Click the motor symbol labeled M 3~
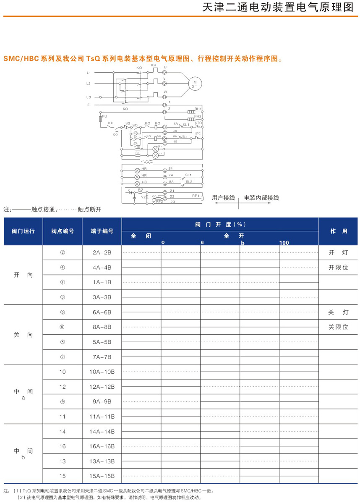(x=194, y=83)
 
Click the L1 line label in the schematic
(x=89, y=73)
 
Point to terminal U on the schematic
(x=165, y=73)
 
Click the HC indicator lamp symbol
(x=137, y=184)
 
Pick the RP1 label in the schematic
(x=195, y=196)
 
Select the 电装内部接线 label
(x=261, y=197)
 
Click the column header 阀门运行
(x=23, y=231)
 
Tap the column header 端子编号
(x=102, y=231)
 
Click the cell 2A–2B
(x=102, y=253)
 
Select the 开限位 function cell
(x=338, y=267)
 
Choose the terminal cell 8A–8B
(x=102, y=327)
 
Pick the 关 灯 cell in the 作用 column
(x=338, y=312)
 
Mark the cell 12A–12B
(x=102, y=387)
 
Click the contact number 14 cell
(x=63, y=431)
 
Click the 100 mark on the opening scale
(x=284, y=243)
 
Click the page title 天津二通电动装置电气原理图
(x=278, y=8)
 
